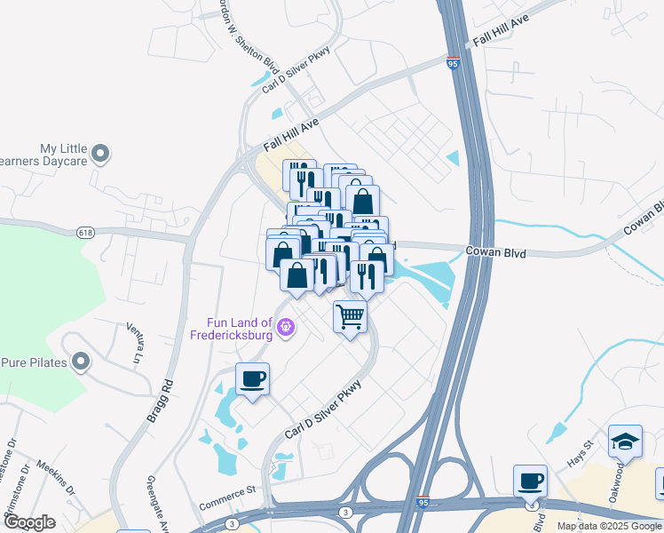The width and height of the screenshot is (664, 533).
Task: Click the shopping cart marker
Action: (351, 317)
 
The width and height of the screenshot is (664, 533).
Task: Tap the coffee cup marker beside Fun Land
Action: (253, 379)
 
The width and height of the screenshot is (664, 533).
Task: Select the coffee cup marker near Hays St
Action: (531, 481)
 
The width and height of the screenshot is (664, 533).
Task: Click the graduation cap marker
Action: (625, 442)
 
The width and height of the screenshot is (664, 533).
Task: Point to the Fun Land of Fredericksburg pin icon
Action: (285, 328)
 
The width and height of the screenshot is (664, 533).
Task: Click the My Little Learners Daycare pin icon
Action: (100, 155)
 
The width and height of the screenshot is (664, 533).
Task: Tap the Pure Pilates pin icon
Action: (82, 362)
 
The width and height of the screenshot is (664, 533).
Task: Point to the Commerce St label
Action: (227, 497)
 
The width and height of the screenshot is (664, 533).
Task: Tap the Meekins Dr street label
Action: (54, 481)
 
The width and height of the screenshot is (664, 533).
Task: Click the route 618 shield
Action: (84, 233)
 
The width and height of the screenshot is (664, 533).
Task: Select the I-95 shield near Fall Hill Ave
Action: (453, 66)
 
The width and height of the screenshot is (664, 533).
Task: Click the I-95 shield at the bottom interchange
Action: (423, 502)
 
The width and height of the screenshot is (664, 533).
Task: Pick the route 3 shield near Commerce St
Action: (345, 513)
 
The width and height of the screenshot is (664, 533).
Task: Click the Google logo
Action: (29, 522)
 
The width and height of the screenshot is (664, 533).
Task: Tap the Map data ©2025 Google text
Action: (609, 526)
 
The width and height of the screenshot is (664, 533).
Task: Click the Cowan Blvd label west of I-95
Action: (496, 253)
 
